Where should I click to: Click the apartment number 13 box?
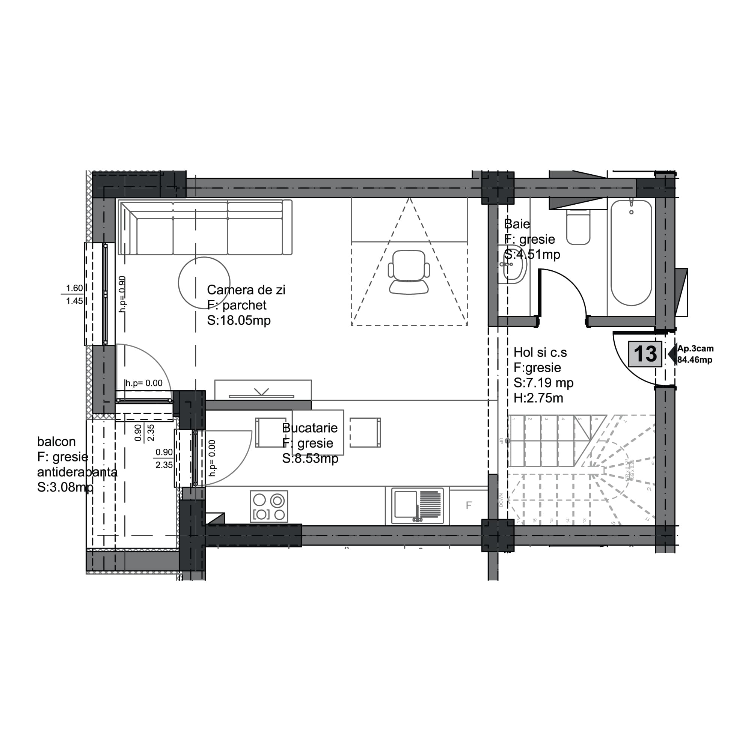645,354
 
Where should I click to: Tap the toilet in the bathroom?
578,228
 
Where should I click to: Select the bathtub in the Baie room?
631,253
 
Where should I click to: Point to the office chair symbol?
409,272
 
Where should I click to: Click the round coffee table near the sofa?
204,283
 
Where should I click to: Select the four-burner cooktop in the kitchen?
269,506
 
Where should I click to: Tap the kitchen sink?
418,506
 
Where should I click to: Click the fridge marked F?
469,505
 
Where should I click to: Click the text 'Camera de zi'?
246,290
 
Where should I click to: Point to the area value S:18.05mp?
239,320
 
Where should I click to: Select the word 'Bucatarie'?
310,428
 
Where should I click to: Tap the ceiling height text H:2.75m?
538,398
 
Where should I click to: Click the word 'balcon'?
56,442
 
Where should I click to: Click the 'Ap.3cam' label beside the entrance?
695,349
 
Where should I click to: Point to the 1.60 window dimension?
74,288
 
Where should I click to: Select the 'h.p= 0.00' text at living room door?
144,383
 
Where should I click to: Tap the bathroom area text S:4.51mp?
532,255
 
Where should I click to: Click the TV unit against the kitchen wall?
263,390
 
